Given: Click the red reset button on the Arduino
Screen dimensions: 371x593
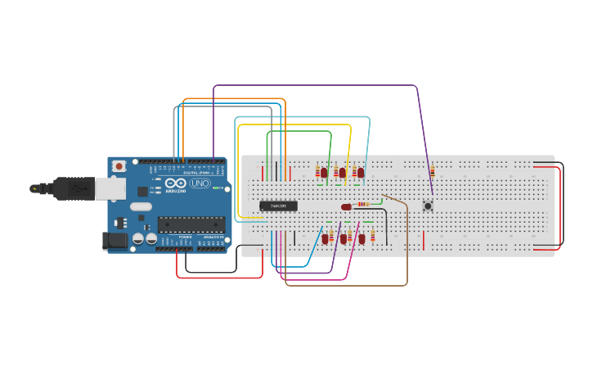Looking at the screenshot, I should point(119,166).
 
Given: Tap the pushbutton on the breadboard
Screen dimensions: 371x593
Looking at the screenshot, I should point(428,206).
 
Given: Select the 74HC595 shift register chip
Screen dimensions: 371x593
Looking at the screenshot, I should point(278,206).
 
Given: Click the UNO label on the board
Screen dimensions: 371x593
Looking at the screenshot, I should point(200,183).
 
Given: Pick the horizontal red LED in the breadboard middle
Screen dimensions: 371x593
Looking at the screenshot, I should point(347,206).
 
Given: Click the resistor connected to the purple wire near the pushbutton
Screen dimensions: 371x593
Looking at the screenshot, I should point(433,170).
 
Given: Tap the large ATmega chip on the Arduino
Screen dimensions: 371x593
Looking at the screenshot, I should point(191,224).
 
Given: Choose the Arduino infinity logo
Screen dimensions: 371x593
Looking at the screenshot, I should point(176,183).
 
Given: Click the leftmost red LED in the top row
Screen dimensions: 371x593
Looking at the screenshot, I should point(324,172).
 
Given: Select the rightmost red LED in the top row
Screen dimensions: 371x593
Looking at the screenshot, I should point(360,172).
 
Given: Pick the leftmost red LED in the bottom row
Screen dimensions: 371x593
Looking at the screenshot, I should point(325,238).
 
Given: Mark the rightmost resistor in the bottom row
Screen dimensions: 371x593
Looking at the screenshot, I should point(373,237).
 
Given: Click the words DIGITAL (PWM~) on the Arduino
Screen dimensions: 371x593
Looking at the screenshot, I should point(196,173).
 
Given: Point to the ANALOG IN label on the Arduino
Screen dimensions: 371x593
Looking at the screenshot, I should point(213,237).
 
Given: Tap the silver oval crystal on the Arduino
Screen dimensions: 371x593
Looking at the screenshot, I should point(140,206).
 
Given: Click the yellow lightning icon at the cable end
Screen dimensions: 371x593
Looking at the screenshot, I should point(34,188).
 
